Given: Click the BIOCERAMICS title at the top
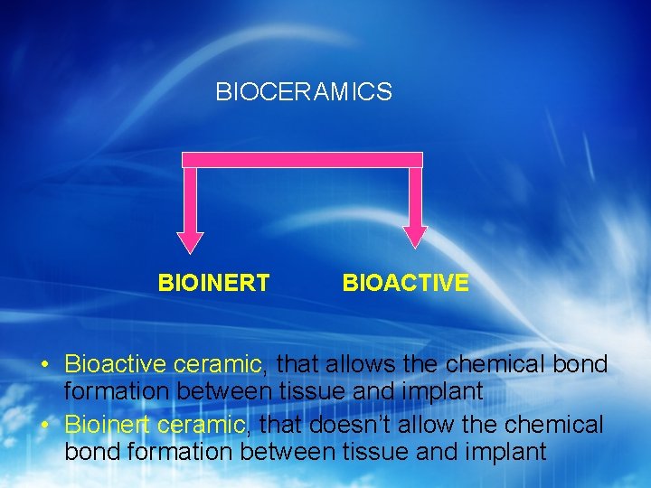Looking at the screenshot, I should click(x=303, y=92).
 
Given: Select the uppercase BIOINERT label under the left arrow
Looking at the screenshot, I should click(x=213, y=284).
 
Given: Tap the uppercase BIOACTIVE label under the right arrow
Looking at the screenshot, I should click(x=405, y=284).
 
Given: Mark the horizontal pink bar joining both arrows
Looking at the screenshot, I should click(x=302, y=160).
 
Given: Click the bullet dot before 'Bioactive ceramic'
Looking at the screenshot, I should click(x=43, y=365).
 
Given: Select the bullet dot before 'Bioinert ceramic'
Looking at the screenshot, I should click(x=43, y=425).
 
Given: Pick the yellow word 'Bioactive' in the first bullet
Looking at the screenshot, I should click(x=115, y=365).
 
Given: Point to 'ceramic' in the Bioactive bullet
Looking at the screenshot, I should click(x=216, y=365).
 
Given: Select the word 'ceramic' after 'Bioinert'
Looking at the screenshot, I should click(x=201, y=425).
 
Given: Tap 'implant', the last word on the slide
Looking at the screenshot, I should click(x=506, y=452).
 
